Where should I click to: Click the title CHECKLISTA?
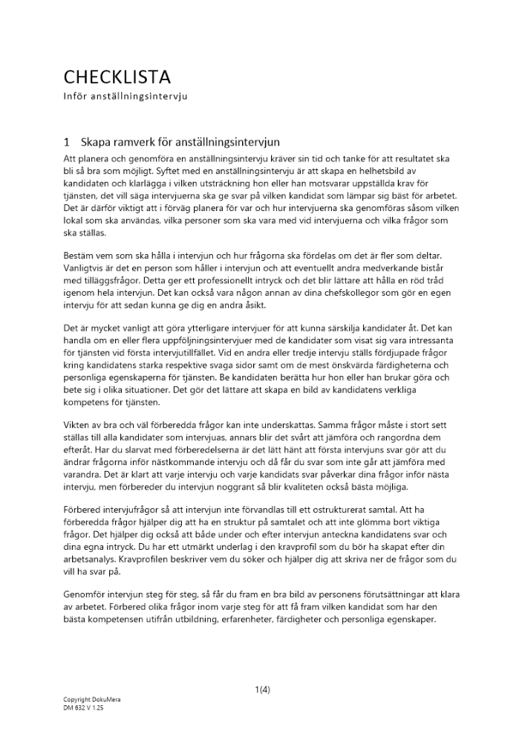click(x=117, y=77)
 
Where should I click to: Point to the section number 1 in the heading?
click(x=67, y=141)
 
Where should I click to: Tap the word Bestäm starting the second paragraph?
click(x=81, y=255)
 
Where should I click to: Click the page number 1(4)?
click(x=262, y=690)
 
